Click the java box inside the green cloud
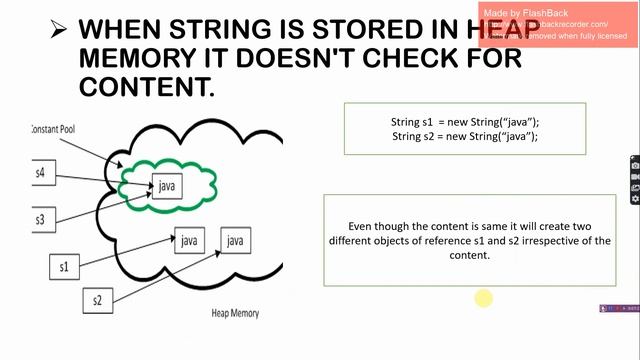coord(167,186)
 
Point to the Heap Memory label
coord(235,313)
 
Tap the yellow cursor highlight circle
coord(483,297)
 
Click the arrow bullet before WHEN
coord(59,30)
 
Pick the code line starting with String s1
coord(464,122)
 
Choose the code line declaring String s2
coord(464,136)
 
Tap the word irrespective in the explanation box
coord(538,241)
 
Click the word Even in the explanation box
coord(360,227)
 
